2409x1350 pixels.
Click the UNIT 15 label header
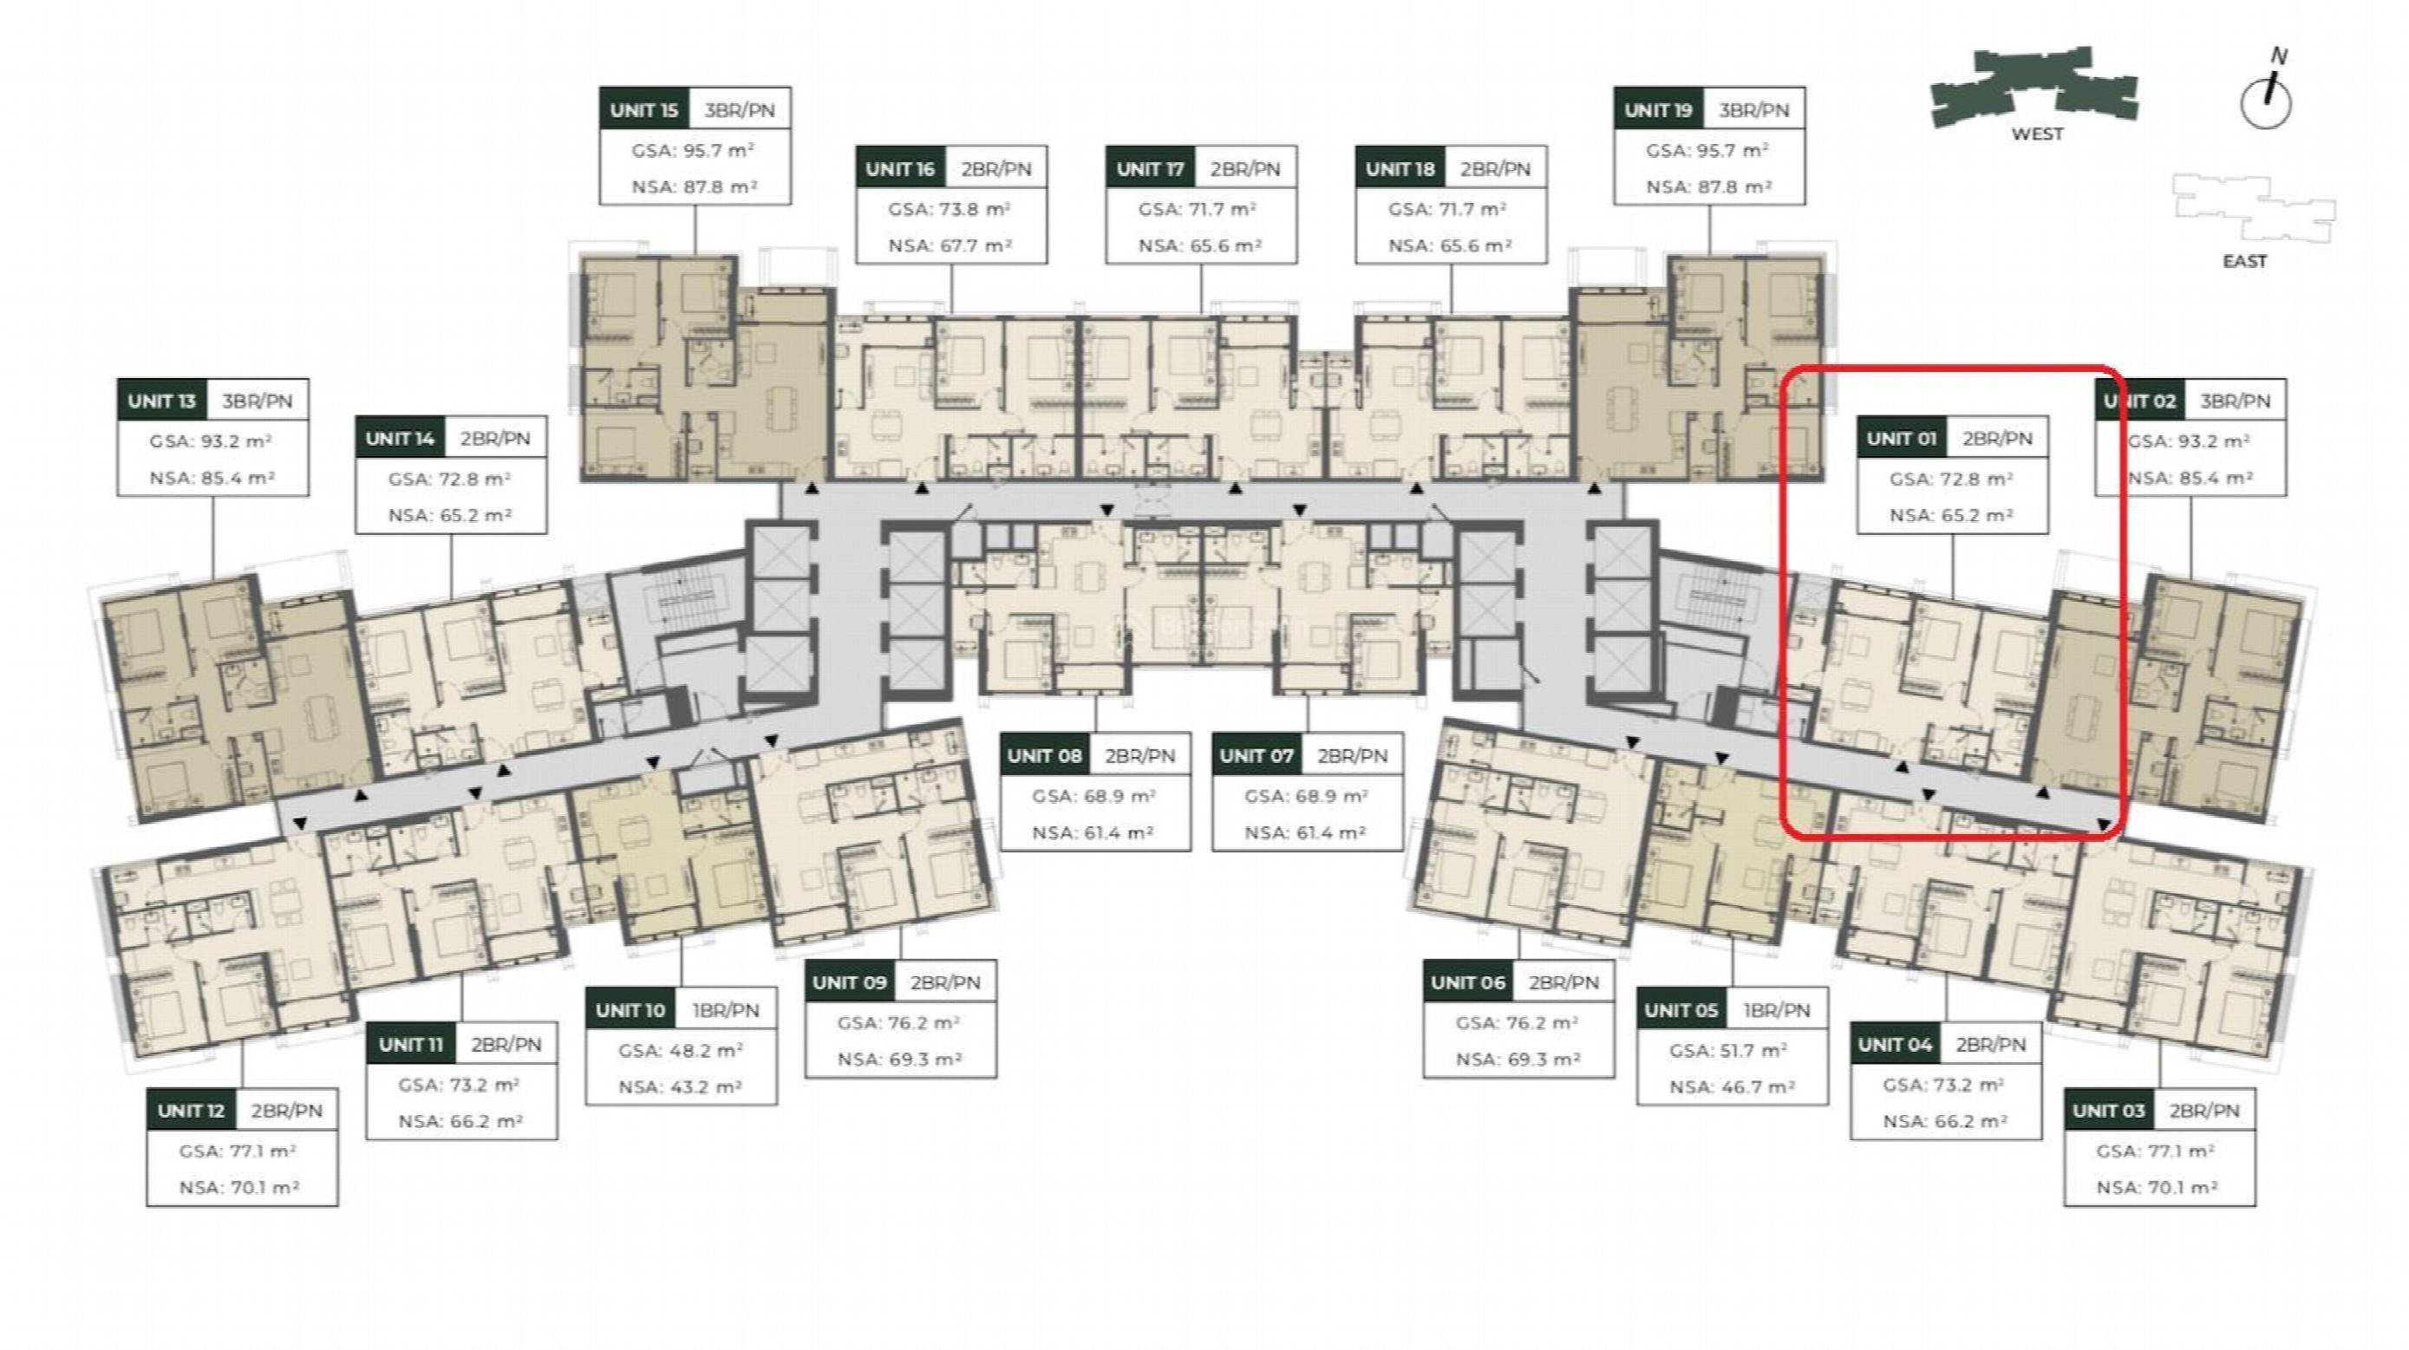click(x=644, y=109)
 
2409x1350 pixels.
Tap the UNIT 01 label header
click(x=1901, y=439)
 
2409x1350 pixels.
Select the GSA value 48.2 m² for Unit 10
click(x=681, y=1051)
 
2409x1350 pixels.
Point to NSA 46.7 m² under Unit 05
click(x=1732, y=1087)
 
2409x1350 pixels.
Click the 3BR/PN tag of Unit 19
click(x=1753, y=109)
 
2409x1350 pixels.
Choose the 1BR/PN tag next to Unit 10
click(x=726, y=1011)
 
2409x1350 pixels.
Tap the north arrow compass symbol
click(x=2267, y=94)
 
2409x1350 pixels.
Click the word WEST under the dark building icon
click(x=2037, y=134)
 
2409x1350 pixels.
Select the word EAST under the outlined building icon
click(x=2244, y=261)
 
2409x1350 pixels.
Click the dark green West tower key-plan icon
click(x=2034, y=86)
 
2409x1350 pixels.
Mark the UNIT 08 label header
click(x=1045, y=755)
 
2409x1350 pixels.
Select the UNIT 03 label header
click(x=2109, y=1111)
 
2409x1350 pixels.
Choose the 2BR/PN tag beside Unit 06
click(x=1564, y=982)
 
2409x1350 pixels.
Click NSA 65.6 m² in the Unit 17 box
click(x=1200, y=246)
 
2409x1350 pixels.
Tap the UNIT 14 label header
click(x=401, y=439)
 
